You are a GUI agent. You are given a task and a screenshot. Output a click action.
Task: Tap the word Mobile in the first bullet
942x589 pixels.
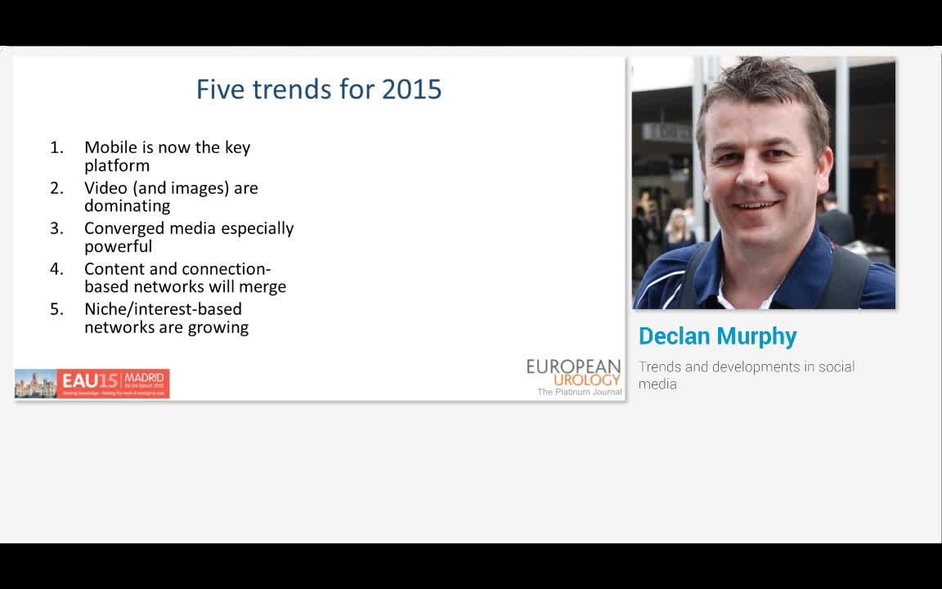[x=110, y=147]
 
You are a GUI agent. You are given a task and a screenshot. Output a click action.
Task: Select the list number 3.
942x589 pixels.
[x=56, y=228]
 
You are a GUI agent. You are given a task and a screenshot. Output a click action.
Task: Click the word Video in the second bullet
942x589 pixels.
[x=106, y=188]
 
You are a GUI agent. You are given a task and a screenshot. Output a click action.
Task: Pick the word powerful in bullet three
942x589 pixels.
[x=118, y=246]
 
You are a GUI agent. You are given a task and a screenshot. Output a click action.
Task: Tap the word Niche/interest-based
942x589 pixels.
[x=163, y=309]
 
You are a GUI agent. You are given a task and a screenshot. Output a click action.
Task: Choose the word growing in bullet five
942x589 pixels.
[x=218, y=327]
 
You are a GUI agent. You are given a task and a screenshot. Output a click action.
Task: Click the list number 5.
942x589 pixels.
[x=56, y=309]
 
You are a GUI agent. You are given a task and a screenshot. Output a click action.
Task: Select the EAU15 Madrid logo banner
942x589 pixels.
[x=92, y=383]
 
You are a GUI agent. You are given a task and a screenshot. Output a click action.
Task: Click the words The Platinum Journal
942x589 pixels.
[x=579, y=393]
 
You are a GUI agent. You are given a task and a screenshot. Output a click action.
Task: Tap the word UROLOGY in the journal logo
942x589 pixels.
[x=586, y=380]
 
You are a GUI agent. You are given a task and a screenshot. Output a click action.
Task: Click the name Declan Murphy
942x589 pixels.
[x=717, y=336]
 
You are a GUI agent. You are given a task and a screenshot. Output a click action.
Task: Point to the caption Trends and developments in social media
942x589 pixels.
[x=746, y=375]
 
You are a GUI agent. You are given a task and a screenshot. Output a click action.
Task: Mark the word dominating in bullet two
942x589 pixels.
[x=127, y=206]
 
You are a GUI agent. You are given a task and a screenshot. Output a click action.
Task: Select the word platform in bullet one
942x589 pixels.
[x=117, y=165]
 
